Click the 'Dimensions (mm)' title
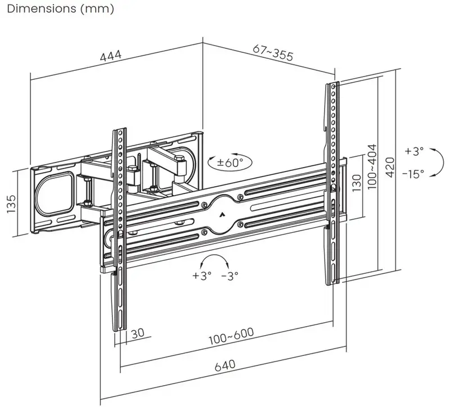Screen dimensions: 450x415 point(61,8)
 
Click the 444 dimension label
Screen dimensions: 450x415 point(111,56)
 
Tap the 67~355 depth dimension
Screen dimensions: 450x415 point(273,52)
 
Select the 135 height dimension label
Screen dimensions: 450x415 point(11,204)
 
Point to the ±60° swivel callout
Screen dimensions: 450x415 point(230,163)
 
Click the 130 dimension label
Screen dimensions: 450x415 point(356,183)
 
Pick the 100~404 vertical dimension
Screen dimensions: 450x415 point(372,166)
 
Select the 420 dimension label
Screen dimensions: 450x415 point(390,168)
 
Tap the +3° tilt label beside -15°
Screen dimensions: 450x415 point(414,151)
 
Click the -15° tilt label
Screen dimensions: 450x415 point(413,174)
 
